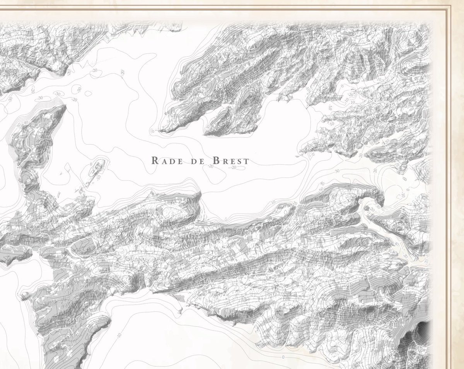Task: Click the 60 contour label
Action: click(x=360, y=201)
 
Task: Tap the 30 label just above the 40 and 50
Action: click(x=337, y=171)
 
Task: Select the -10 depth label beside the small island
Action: click(x=98, y=178)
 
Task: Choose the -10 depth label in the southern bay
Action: click(x=118, y=335)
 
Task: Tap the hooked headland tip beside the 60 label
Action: click(x=381, y=203)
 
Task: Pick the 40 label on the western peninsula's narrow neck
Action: click(x=24, y=185)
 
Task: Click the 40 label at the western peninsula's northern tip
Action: click(x=26, y=123)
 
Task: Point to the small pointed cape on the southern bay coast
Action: click(x=180, y=310)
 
